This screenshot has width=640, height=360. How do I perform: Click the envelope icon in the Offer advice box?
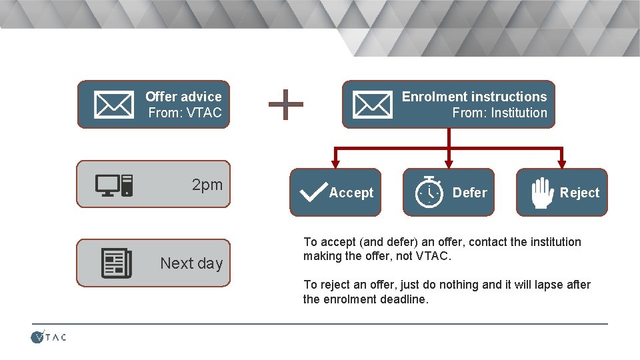113,104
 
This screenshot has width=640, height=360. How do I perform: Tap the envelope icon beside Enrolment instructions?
372,104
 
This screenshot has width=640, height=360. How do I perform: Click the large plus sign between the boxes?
285,105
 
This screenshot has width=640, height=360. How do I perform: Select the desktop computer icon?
113,185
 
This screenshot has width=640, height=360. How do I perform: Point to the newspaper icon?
117,263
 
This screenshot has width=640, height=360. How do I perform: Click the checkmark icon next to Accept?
313,192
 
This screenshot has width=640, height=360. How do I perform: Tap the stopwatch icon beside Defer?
429,193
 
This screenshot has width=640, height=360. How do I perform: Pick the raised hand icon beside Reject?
541,192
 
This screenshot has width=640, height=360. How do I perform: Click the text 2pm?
207,185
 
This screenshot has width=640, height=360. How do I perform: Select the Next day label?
191,263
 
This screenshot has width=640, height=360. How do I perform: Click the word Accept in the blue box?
351,193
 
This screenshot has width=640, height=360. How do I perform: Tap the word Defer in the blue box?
469,193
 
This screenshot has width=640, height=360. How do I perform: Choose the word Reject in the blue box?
579,193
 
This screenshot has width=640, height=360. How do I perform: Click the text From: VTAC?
185,113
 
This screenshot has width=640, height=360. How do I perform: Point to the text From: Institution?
499,113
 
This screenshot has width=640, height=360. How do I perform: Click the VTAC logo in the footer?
49,337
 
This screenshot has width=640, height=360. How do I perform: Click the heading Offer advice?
183,97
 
